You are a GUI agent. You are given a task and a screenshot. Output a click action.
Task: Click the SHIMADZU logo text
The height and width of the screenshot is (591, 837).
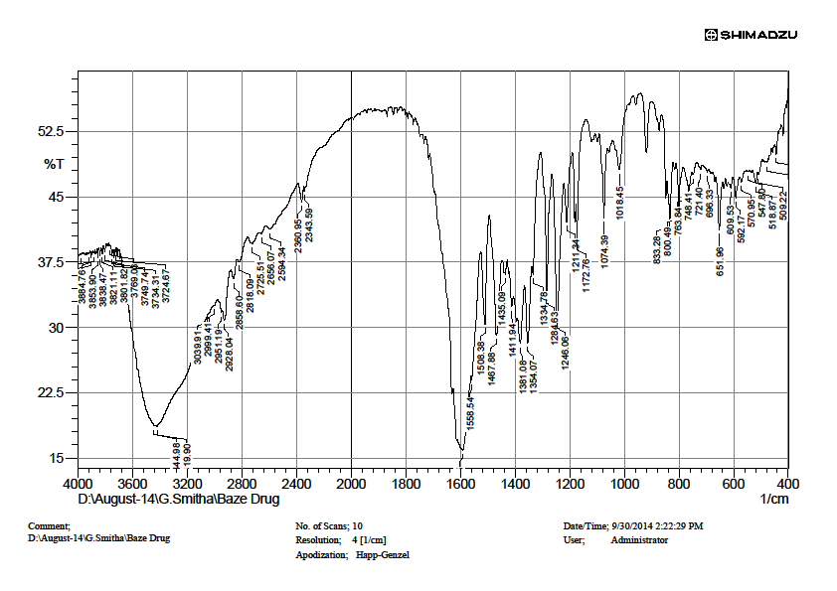point(757,35)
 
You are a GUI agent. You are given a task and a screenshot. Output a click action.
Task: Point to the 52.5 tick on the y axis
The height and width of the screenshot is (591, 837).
point(51,131)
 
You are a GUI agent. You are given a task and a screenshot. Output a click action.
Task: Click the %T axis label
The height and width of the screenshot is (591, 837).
point(54,164)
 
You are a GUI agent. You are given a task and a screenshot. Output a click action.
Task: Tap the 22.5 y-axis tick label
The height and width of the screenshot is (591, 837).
point(51,392)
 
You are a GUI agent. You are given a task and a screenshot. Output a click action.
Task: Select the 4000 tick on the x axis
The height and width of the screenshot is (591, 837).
point(78,484)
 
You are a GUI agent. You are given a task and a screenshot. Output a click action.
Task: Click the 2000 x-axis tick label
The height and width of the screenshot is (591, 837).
point(351,484)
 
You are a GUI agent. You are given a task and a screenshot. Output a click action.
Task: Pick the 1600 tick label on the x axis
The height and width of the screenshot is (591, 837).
point(460,484)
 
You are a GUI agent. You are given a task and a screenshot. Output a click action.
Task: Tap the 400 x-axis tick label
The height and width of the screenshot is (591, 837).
point(787,484)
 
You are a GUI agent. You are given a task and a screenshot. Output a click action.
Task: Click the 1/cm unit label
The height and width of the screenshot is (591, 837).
point(774,499)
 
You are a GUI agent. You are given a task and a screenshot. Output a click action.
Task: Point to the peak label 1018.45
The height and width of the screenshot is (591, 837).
point(619,204)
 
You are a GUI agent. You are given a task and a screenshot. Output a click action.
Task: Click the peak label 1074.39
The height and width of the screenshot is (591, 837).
point(605,251)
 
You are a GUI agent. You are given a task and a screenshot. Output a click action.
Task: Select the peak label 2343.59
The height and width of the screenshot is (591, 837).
point(310,225)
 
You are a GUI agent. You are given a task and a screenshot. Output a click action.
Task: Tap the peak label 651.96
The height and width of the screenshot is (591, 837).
point(720,261)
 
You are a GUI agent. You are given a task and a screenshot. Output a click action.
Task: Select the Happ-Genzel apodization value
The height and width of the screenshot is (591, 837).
point(383,555)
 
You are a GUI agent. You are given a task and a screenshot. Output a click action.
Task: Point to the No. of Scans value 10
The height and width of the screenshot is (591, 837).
point(358,525)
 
